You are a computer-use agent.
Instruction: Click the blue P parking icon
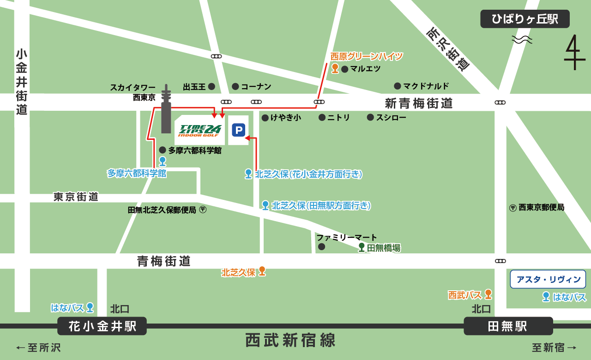(x=238, y=130)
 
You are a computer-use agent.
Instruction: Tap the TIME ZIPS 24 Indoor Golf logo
(x=200, y=131)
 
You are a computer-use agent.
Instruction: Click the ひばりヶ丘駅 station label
(x=525, y=19)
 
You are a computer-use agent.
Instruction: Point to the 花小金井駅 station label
(x=102, y=326)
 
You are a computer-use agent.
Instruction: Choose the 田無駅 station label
(x=508, y=326)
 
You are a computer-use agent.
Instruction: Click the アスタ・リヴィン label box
(x=548, y=279)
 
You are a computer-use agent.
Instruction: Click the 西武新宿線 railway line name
(x=290, y=341)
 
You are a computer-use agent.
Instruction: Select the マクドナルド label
(x=425, y=86)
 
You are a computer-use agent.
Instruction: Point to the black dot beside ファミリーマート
(x=322, y=247)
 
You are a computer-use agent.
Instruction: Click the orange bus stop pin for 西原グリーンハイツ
(x=335, y=69)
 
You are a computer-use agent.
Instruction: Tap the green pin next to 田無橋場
(x=362, y=247)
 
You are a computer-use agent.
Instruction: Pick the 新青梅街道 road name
(x=419, y=103)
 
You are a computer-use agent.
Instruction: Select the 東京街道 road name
(x=76, y=197)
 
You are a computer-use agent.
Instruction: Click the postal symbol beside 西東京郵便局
(x=513, y=208)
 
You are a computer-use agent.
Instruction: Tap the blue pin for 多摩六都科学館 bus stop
(x=163, y=161)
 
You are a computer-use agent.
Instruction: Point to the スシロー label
(x=391, y=118)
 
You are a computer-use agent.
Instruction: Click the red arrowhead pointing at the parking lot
(x=247, y=137)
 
